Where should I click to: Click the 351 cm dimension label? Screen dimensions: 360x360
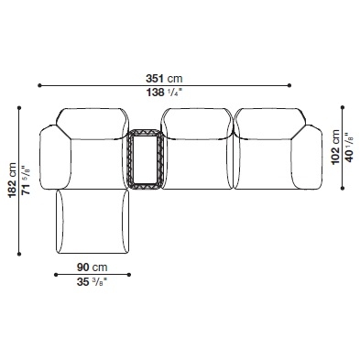[x=164, y=79]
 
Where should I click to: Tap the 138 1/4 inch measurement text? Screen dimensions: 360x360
[x=164, y=93]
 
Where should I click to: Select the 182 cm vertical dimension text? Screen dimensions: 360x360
[x=13, y=180]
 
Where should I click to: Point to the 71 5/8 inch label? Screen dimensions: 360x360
[x=27, y=180]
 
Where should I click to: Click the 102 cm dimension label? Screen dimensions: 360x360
[x=336, y=147]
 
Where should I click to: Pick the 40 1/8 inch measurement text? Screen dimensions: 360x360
[x=349, y=147]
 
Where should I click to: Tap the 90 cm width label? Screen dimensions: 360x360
[x=92, y=267]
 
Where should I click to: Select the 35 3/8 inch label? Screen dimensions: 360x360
[x=92, y=282]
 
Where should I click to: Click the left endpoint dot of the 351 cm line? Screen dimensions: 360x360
[x=39, y=85]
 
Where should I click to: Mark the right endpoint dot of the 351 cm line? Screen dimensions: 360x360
[x=289, y=85]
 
